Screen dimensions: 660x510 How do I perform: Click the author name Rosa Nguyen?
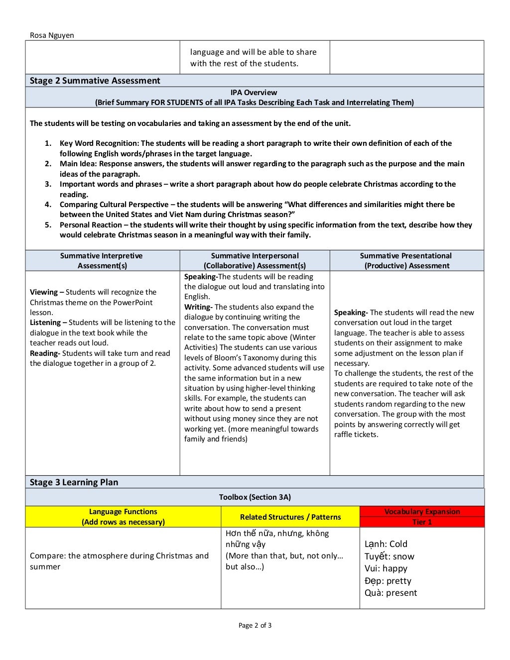point(52,35)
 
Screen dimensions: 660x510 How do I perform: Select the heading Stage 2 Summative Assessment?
point(95,81)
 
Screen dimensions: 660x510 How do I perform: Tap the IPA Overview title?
point(254,93)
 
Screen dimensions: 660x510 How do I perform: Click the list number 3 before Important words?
point(48,184)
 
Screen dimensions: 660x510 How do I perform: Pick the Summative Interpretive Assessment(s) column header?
point(102,260)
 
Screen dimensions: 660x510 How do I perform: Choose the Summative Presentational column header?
point(406,260)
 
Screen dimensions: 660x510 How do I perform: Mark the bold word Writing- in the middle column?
point(198,307)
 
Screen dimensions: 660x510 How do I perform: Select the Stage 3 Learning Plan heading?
point(74,482)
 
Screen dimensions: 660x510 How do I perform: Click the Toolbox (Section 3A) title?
point(255,497)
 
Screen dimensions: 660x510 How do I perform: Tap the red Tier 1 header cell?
point(422,522)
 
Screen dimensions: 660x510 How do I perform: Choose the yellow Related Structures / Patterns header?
point(290,517)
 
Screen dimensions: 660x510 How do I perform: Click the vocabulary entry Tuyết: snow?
point(389,556)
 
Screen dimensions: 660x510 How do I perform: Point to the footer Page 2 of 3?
point(255,626)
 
